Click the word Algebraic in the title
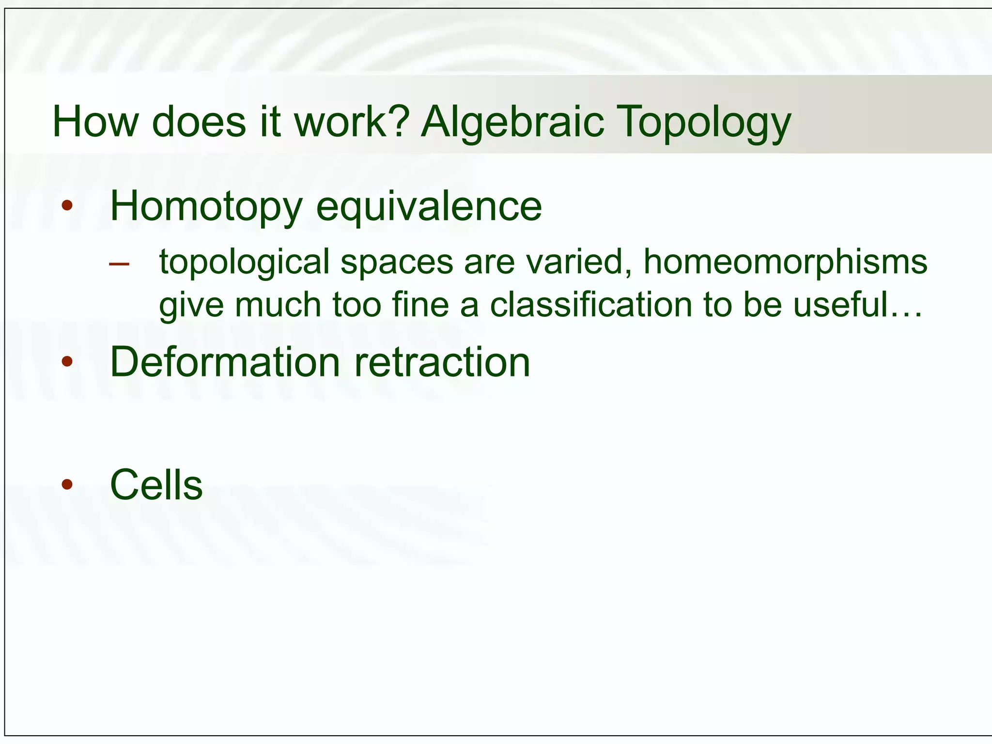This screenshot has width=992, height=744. (512, 122)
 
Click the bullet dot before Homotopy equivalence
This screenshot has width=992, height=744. (67, 206)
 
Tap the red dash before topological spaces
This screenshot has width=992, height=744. (119, 264)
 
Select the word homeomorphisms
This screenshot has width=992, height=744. (785, 262)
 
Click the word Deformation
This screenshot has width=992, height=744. (225, 362)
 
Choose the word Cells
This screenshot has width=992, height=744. (156, 485)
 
